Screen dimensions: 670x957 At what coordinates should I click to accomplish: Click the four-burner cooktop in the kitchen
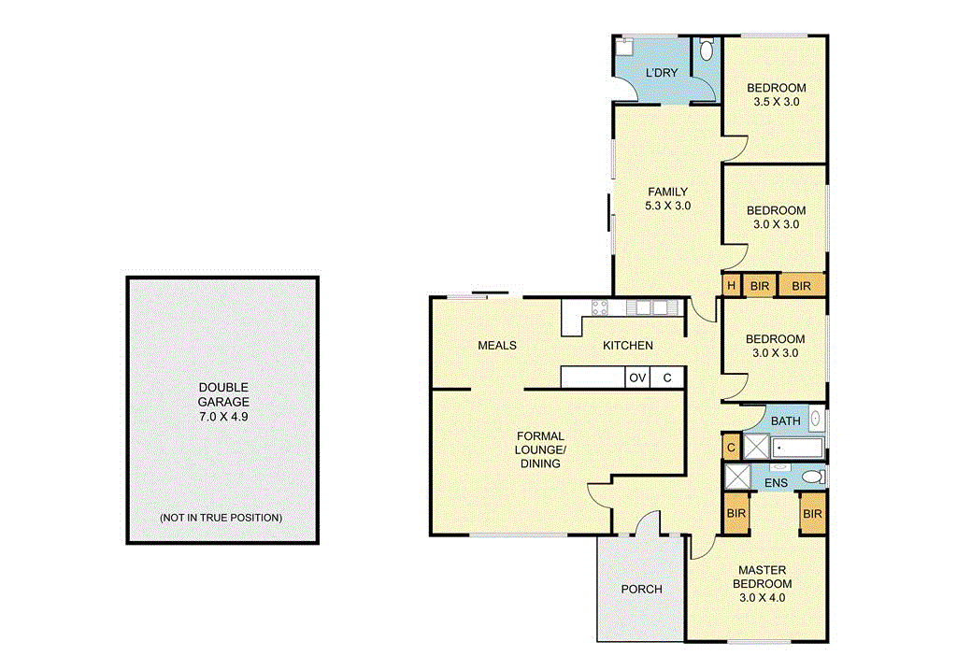[x=600, y=307]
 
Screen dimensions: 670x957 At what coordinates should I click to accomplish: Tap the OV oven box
[x=637, y=378]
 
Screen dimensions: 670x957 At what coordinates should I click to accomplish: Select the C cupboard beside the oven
[x=666, y=378]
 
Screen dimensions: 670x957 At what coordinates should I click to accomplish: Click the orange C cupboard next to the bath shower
[x=731, y=448]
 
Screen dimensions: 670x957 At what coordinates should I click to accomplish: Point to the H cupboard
[x=731, y=286]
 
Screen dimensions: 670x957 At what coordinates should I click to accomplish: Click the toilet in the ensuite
[x=813, y=478]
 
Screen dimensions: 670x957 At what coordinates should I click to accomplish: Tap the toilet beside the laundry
[x=707, y=49]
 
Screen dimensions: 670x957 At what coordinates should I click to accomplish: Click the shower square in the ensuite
[x=738, y=477]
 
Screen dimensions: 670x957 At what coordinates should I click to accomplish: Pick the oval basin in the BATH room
[x=815, y=420]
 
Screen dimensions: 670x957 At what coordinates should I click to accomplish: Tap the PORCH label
[x=641, y=589]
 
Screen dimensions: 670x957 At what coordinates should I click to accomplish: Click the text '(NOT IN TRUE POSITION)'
[x=221, y=517]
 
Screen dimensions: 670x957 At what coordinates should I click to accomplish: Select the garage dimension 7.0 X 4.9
[x=222, y=416]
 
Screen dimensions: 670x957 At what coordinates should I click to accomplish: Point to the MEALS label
[x=496, y=346]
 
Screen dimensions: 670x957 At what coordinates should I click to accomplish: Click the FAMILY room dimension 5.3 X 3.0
[x=667, y=206]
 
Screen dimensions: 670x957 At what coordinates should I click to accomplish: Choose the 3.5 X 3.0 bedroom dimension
[x=776, y=102]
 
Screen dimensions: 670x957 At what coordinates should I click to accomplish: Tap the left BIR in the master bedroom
[x=736, y=514]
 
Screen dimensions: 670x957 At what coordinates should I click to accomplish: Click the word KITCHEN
[x=627, y=346]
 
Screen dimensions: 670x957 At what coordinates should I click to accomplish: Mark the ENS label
[x=775, y=483]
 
